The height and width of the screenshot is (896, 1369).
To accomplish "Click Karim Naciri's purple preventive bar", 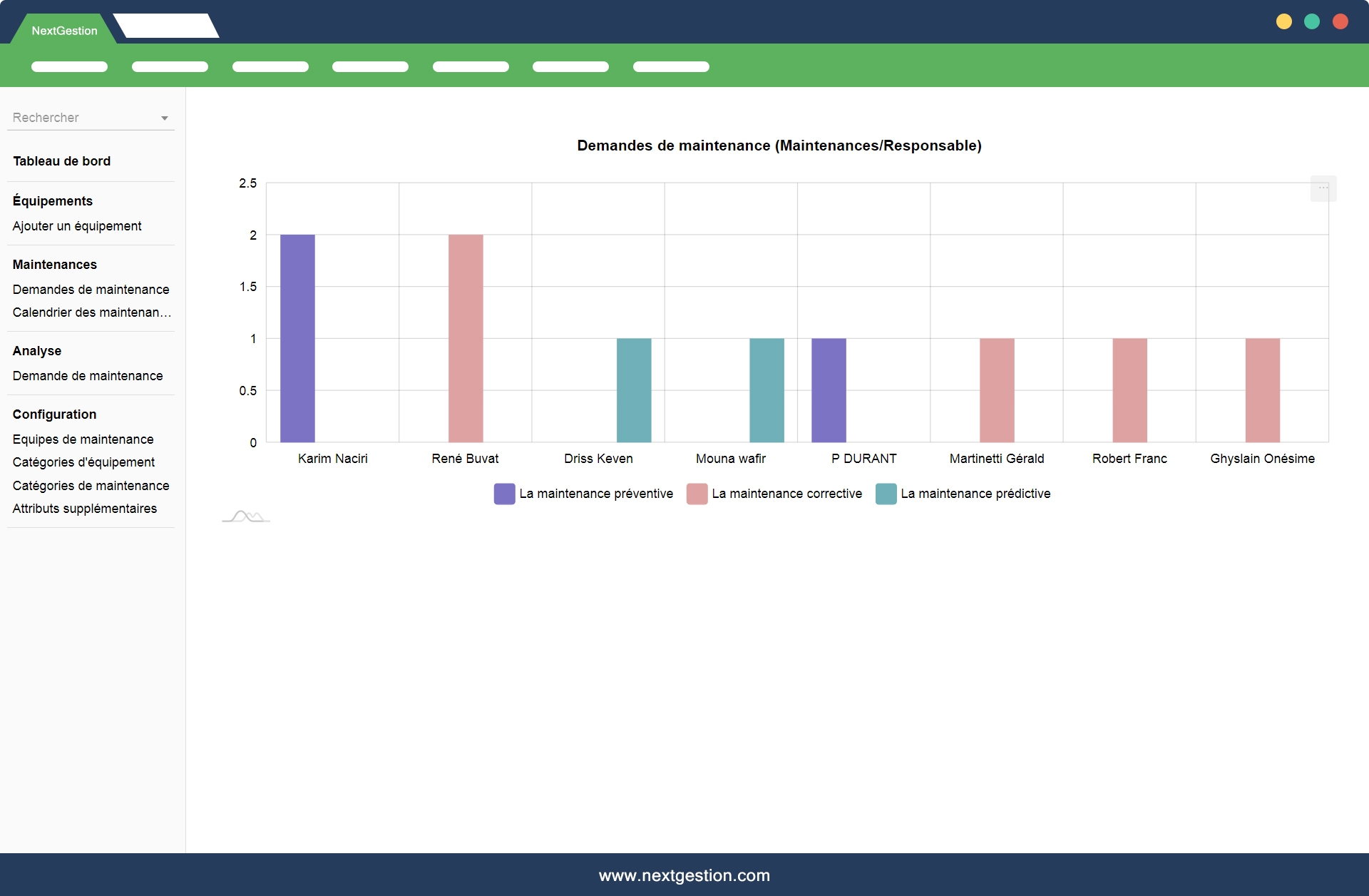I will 297,338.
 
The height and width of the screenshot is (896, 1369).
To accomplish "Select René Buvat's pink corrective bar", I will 466,338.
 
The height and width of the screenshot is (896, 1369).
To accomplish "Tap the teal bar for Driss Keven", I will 634,390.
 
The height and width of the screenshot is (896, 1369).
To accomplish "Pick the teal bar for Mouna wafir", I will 766,390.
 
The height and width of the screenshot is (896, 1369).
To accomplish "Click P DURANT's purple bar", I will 829,390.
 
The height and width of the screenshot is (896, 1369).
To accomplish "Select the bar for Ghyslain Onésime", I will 1262,390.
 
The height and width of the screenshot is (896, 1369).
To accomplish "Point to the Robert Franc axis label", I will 1129,459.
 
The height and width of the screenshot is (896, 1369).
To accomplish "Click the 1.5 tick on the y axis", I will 248,287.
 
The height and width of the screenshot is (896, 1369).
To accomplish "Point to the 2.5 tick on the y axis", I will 248,183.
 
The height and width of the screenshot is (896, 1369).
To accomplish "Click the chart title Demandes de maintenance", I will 779,146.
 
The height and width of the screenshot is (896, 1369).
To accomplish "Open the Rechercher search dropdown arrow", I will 165,118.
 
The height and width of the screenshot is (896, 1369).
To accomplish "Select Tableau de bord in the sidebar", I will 62,161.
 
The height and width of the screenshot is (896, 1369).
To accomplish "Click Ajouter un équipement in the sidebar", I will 77,226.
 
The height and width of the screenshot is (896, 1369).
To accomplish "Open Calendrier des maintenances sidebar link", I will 92,312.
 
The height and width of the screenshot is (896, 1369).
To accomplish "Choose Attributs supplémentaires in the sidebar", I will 85,509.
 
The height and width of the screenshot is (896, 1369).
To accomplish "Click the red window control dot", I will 1340,21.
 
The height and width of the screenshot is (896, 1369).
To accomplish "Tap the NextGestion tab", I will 64,31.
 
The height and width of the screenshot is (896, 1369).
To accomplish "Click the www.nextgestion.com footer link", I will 684,875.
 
